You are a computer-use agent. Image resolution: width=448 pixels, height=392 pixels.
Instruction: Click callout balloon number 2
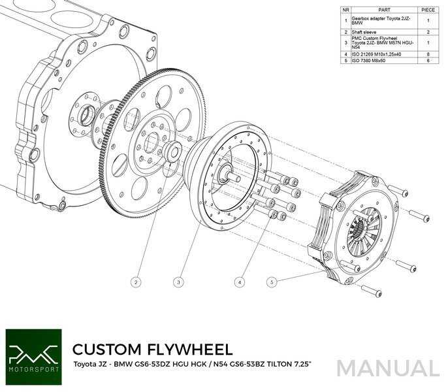pyautogui.click(x=136, y=282)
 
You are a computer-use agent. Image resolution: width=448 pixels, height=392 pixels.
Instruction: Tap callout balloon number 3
pyautogui.click(x=178, y=282)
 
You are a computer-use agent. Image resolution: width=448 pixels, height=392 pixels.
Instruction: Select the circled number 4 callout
pyautogui.click(x=240, y=282)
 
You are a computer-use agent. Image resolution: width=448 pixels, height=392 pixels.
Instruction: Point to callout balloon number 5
pyautogui.click(x=272, y=282)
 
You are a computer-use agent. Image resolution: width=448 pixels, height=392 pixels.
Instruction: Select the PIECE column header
pyautogui.click(x=428, y=10)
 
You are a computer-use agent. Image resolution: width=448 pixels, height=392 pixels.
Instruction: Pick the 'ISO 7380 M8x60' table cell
pyautogui.click(x=369, y=59)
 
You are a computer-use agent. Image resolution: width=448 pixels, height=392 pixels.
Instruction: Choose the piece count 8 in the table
pyautogui.click(x=428, y=53)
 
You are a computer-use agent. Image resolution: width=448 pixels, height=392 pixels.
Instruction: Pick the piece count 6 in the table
pyautogui.click(x=428, y=59)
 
